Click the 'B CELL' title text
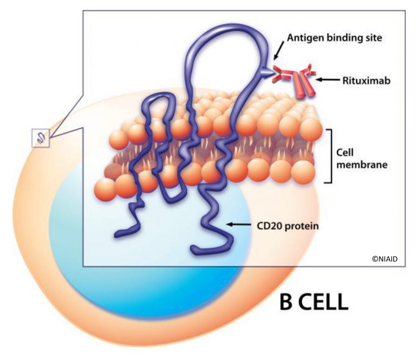tap(313, 302)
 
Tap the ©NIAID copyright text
tap(385, 259)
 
